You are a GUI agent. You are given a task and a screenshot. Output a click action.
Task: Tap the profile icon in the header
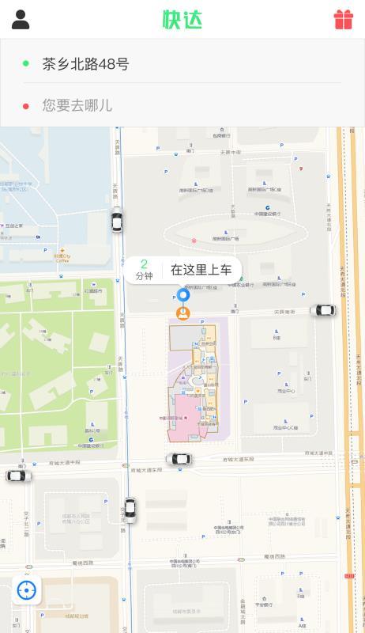pos(21,20)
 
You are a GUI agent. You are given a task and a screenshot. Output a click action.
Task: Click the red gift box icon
pos(343,20)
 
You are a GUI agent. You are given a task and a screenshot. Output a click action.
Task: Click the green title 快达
pos(182,20)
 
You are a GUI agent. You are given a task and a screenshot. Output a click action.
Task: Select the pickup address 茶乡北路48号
pos(85,64)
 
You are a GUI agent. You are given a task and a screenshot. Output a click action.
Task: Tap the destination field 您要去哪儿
pos(77,105)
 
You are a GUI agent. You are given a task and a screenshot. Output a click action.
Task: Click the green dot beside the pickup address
pos(26,64)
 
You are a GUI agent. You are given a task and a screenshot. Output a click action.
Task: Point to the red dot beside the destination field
pos(26,105)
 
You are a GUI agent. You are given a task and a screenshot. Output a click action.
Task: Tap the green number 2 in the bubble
pos(144,264)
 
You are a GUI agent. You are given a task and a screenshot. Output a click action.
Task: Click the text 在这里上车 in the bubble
pos(201,271)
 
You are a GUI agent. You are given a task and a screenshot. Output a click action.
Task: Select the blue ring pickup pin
pos(183,296)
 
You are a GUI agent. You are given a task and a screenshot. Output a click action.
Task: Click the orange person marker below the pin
pos(183,313)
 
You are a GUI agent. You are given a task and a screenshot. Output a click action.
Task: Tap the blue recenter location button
pos(27,590)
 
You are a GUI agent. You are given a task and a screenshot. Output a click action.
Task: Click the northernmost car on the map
pos(117,219)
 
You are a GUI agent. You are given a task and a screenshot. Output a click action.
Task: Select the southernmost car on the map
pos(130,509)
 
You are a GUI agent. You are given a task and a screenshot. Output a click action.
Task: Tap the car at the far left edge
pos(19,476)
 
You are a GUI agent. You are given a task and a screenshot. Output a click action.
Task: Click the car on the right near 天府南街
pos(322,310)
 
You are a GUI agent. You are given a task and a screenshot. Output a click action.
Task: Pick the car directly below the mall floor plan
pos(179,459)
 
